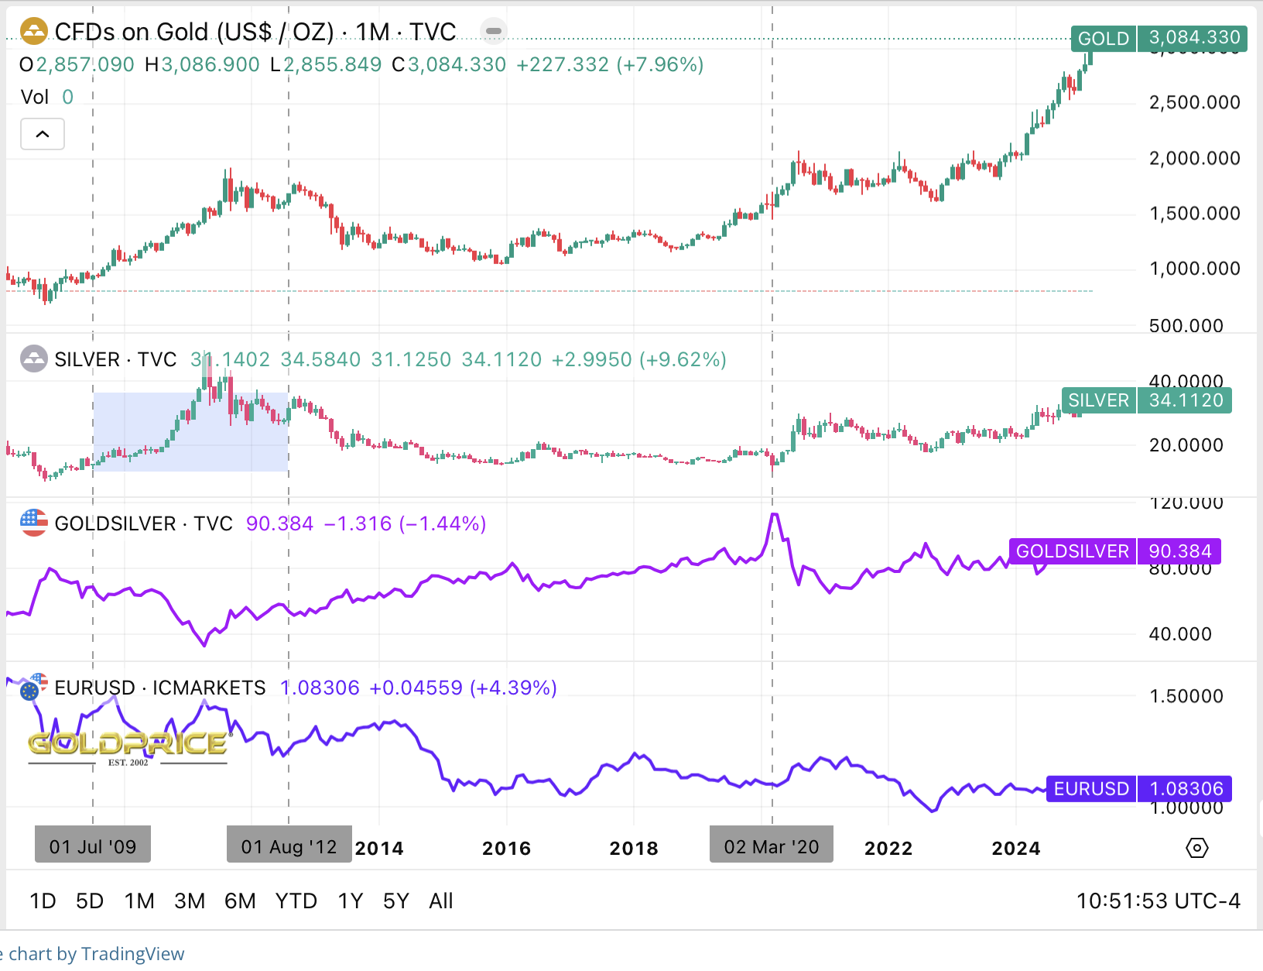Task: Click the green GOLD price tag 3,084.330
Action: click(x=1159, y=38)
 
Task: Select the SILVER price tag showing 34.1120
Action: click(x=1146, y=400)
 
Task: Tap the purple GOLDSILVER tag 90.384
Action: click(x=1114, y=551)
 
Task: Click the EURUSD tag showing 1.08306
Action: click(x=1138, y=789)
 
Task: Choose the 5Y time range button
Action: click(x=395, y=901)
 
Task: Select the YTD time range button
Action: click(x=296, y=901)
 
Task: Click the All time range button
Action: click(x=441, y=901)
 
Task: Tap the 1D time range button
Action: click(x=43, y=901)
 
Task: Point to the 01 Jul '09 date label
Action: click(x=93, y=846)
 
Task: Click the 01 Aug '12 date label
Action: click(x=289, y=846)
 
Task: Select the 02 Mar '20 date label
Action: click(x=772, y=846)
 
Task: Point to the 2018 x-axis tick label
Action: click(x=634, y=849)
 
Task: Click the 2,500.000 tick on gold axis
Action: click(x=1194, y=102)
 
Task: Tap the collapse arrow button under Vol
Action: click(x=43, y=134)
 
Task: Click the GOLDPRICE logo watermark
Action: click(x=128, y=746)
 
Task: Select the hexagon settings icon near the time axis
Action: click(x=1196, y=848)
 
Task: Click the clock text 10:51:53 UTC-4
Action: click(x=1158, y=901)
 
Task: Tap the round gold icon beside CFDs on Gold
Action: click(x=34, y=32)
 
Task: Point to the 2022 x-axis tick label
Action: click(x=888, y=849)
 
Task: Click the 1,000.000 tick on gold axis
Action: click(x=1194, y=269)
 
